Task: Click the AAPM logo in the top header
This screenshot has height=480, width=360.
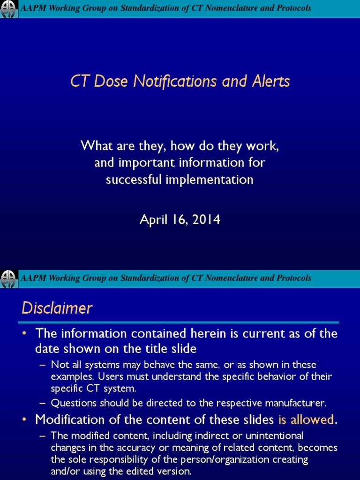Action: pos(9,9)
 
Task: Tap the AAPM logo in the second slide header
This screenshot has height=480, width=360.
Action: pos(9,278)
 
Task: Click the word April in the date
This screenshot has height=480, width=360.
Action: pos(153,219)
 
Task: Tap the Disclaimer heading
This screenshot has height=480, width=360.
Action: pos(57,308)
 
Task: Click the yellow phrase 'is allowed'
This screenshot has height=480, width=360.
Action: pos(307,419)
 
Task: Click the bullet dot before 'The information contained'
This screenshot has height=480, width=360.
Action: pos(25,334)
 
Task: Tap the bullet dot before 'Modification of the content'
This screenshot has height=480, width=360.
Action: pos(25,419)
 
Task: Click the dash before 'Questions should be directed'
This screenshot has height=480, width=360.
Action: pos(43,403)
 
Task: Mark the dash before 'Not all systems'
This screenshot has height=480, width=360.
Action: pos(43,365)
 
